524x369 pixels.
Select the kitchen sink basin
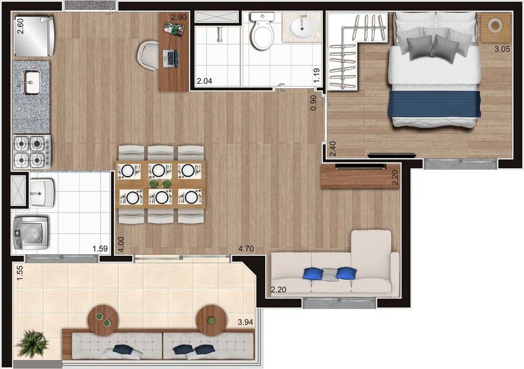pos(31,82)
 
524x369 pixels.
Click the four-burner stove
pos(31,151)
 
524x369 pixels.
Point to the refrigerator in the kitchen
pos(34,36)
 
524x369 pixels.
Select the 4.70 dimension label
pos(246,249)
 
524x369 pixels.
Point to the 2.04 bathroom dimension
pos(205,81)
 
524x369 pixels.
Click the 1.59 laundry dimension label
pos(101,249)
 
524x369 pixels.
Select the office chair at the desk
pos(148,55)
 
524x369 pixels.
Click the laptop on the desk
pos(170,57)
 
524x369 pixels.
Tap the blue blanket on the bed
pos(434,104)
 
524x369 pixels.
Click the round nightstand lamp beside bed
pos(495,25)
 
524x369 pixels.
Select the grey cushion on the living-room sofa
pos(329,274)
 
